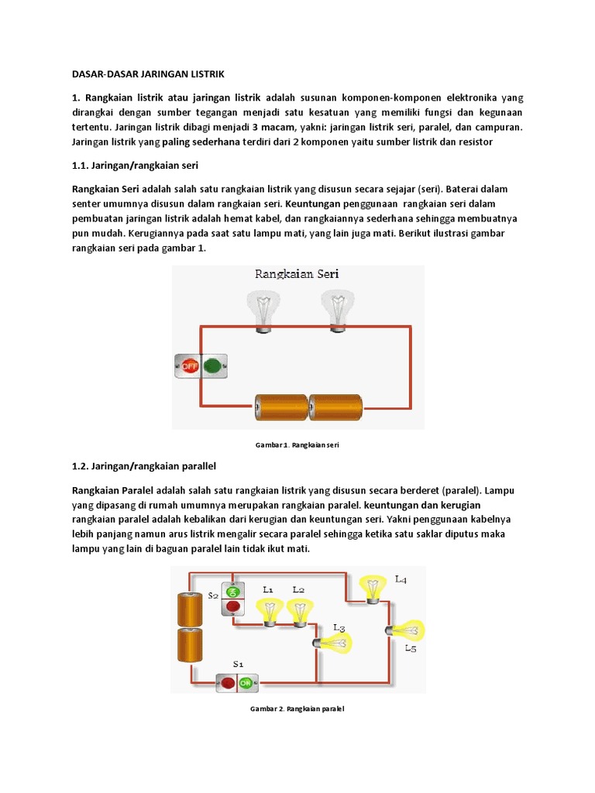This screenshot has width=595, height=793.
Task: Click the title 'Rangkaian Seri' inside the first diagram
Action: coord(297,273)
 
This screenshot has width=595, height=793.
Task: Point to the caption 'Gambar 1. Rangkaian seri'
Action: coord(298,445)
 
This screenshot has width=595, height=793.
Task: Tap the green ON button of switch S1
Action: coord(246,683)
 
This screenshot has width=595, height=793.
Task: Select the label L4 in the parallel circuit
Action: coord(401,578)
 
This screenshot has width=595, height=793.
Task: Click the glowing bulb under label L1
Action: coord(270,613)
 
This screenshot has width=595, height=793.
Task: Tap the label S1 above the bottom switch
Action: coord(239,664)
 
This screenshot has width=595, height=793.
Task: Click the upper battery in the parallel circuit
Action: coord(189,609)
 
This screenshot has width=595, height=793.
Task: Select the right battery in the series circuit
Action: coord(335,407)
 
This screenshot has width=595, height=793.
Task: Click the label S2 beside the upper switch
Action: coord(213,596)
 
